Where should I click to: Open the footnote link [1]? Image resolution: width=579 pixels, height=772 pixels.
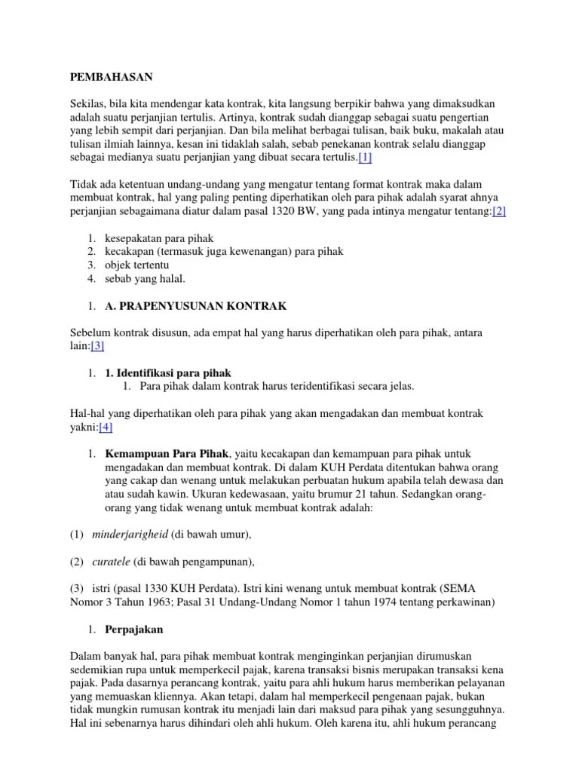365,158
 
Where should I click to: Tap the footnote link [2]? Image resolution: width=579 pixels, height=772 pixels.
499,212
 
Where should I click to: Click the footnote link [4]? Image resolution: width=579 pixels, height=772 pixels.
106,427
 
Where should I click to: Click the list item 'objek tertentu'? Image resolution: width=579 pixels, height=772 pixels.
137,265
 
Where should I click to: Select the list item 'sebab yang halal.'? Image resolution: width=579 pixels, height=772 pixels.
145,279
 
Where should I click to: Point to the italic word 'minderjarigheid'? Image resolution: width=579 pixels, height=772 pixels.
129,535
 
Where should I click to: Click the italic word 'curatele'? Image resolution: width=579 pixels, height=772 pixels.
112,562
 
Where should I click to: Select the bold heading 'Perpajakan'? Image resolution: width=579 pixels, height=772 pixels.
134,629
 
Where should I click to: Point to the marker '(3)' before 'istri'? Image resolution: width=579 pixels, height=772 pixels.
78,589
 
